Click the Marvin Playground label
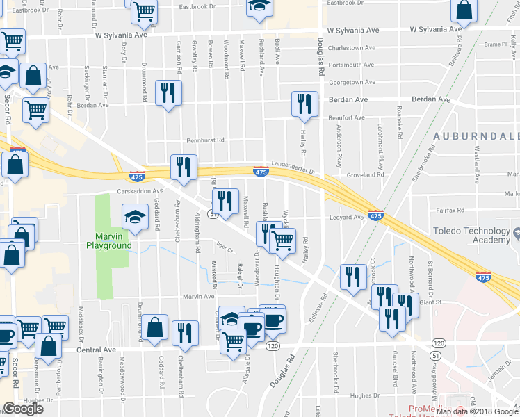(109, 240)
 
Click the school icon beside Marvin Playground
(135, 217)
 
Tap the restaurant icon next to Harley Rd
(304, 103)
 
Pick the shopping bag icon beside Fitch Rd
(464, 10)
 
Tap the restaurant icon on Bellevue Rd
(353, 277)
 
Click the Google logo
(23, 409)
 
